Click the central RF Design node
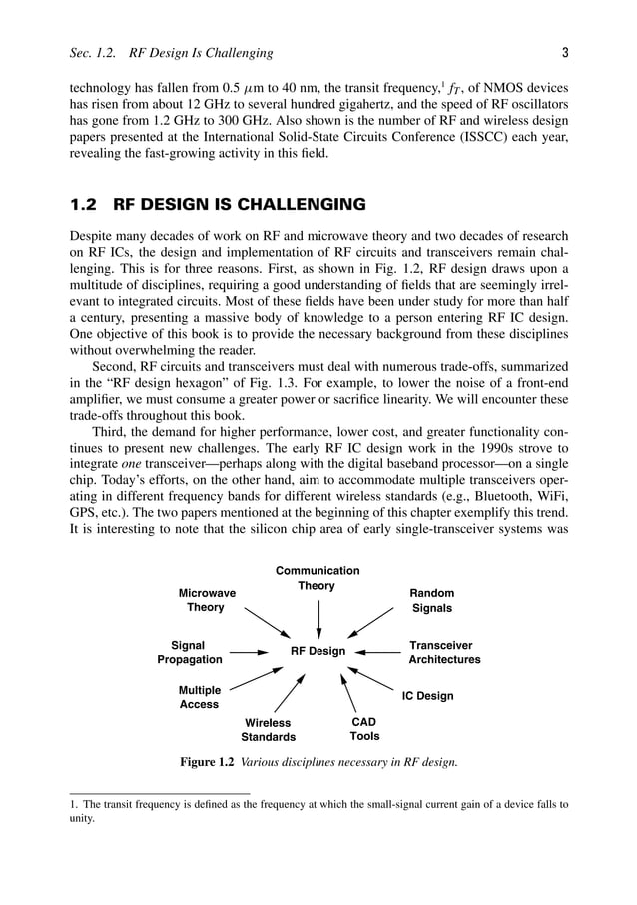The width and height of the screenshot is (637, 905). coord(318,652)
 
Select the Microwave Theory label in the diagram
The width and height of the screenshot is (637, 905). coord(207,600)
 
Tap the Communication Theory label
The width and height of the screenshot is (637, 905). coord(318,578)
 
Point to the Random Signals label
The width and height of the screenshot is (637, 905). coord(432,600)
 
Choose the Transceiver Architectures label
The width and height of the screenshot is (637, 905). coord(444,653)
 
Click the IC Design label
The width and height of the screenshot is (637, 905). coord(427,696)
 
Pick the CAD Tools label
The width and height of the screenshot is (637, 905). coord(364,729)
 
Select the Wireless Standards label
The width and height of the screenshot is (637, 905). coord(268,730)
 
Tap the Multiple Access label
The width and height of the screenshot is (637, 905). coord(199,697)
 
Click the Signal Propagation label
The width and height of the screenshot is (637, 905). coord(190,653)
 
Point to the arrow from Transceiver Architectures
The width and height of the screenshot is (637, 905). coord(378,653)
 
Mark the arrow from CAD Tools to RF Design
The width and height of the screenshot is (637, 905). coord(349,692)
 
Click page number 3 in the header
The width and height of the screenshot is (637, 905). coord(565,52)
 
